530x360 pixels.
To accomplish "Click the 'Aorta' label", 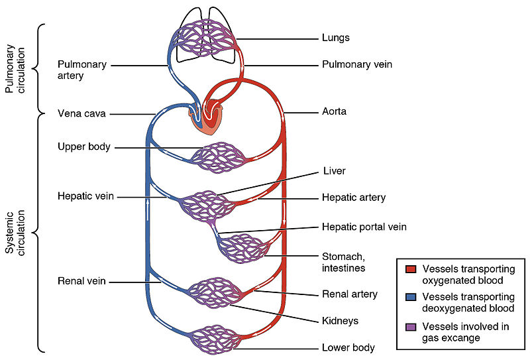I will click(x=335, y=112).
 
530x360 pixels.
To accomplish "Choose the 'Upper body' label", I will click(x=84, y=146).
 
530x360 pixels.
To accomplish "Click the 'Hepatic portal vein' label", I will click(x=364, y=227).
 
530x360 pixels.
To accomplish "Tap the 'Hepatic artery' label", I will click(x=353, y=198).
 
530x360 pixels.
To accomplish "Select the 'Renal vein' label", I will click(x=83, y=282).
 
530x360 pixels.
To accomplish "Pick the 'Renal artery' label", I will click(x=349, y=294).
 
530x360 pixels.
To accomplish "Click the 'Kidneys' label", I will click(x=340, y=320).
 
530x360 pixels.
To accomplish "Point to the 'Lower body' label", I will click(x=348, y=347).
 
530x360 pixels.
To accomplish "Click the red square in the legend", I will click(x=411, y=269).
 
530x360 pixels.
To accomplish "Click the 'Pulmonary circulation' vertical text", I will click(x=15, y=69).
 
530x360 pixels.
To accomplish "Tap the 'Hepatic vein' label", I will click(x=86, y=196).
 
